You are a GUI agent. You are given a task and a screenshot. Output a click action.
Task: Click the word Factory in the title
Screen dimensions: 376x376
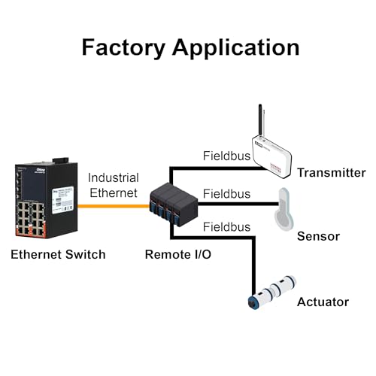pos(123,47)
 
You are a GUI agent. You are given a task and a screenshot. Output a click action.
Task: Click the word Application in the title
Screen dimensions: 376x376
pos(236,47)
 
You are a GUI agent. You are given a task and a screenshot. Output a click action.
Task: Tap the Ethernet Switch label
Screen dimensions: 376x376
pos(58,254)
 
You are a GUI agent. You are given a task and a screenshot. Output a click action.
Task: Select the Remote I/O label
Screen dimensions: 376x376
pos(178,254)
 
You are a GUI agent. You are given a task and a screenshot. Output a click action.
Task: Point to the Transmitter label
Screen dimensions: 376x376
pos(332,173)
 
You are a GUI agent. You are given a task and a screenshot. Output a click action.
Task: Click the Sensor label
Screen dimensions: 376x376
pos(318,236)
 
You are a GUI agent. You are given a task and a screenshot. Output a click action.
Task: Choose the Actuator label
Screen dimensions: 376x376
pos(323,302)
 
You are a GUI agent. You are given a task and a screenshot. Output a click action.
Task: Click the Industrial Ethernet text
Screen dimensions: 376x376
pos(114,185)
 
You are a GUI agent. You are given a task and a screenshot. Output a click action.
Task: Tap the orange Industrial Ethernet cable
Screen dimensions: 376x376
pos(114,206)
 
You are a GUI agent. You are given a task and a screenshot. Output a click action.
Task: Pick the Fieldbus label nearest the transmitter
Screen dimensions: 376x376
pos(226,156)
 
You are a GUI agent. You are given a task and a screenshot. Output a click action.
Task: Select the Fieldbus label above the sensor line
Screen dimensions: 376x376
pos(226,194)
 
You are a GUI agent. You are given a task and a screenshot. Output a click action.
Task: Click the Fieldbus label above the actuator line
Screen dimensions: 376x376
pos(226,227)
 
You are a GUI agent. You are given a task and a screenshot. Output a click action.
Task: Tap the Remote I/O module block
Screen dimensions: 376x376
pos(174,205)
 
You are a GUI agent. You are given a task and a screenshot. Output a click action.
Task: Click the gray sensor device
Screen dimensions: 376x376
pos(284,208)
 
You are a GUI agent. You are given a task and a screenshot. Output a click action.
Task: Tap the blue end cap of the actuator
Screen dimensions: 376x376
pos(252,302)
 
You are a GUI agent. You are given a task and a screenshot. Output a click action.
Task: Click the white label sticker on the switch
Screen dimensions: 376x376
pos(62,200)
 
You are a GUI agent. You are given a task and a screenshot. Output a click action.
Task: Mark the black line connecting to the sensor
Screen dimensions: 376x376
pos(238,204)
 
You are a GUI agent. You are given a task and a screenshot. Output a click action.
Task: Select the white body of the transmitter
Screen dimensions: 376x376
pos(272,156)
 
